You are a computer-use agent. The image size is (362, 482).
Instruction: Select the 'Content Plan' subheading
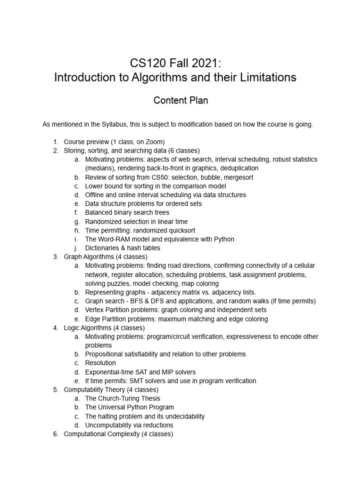coord(175,100)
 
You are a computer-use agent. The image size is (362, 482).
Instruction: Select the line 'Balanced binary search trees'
coord(127,212)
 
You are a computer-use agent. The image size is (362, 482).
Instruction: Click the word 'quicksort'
coord(175,230)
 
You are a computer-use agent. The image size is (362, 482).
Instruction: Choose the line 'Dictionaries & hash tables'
coord(123,248)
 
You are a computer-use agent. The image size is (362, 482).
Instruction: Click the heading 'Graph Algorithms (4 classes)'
coord(106,257)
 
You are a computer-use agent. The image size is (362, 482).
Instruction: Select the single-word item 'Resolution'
coord(100,363)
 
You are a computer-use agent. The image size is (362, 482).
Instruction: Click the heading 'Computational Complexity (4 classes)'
coord(118,434)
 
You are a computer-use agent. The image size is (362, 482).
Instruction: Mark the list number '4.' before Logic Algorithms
coord(55,328)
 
